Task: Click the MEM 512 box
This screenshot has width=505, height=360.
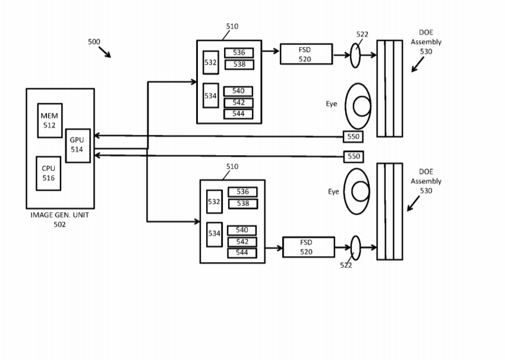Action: pos(50,121)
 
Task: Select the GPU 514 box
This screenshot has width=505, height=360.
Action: pos(78,146)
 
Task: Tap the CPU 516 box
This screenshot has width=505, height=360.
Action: pos(49,173)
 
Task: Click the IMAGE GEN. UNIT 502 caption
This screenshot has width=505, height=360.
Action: pos(60,220)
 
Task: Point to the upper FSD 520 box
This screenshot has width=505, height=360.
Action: pos(307,54)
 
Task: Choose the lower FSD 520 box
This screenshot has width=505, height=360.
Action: pos(309,247)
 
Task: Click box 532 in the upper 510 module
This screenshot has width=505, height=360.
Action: pos(211,62)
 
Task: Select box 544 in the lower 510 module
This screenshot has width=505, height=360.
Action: pos(242,253)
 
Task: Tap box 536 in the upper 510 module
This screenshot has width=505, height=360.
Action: pos(239,53)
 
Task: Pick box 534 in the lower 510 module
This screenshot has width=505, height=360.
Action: pos(214,235)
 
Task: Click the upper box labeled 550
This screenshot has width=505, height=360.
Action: pos(353,137)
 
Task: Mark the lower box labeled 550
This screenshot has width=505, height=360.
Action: pos(353,157)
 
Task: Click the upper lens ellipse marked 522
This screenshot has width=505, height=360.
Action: pos(355,55)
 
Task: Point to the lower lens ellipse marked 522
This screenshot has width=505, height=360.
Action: pos(355,248)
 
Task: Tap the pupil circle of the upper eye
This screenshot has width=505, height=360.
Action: pos(362,106)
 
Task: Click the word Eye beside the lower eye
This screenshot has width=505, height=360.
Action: pos(334,192)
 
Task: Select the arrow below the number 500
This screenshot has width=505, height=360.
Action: pos(105,52)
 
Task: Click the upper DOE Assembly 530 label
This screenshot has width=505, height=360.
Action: pos(426,42)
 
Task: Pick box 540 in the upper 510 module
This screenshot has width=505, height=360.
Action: pos(238,91)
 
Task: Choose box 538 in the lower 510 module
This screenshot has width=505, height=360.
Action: pos(243,204)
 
